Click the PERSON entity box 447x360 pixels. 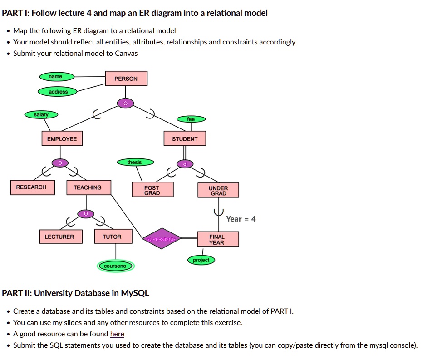pyautogui.click(x=126, y=79)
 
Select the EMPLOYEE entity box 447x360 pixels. pyautogui.click(x=62, y=139)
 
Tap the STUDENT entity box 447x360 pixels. pyautogui.click(x=185, y=139)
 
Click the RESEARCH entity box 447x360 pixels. pyautogui.click(x=31, y=187)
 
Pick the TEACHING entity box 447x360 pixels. pyautogui.click(x=88, y=187)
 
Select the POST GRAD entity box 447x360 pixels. pyautogui.click(x=152, y=190)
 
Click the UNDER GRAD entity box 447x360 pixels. pyautogui.click(x=218, y=191)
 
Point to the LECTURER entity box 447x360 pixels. pyautogui.click(x=59, y=237)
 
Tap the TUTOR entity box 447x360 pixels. pyautogui.click(x=112, y=237)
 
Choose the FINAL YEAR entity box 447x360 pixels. pyautogui.click(x=217, y=239)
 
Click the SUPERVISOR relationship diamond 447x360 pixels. pyautogui.click(x=162, y=238)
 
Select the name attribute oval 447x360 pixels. pyautogui.click(x=55, y=77)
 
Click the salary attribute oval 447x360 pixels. pyautogui.click(x=41, y=115)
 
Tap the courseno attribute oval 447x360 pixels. pyautogui.click(x=115, y=266)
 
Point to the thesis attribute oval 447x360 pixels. pyautogui.click(x=135, y=163)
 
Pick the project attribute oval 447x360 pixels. pyautogui.click(x=201, y=260)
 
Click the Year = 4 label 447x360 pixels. pyautogui.click(x=241, y=219)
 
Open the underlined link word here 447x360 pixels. pyautogui.click(x=117, y=334)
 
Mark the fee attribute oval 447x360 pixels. pyautogui.click(x=191, y=119)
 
